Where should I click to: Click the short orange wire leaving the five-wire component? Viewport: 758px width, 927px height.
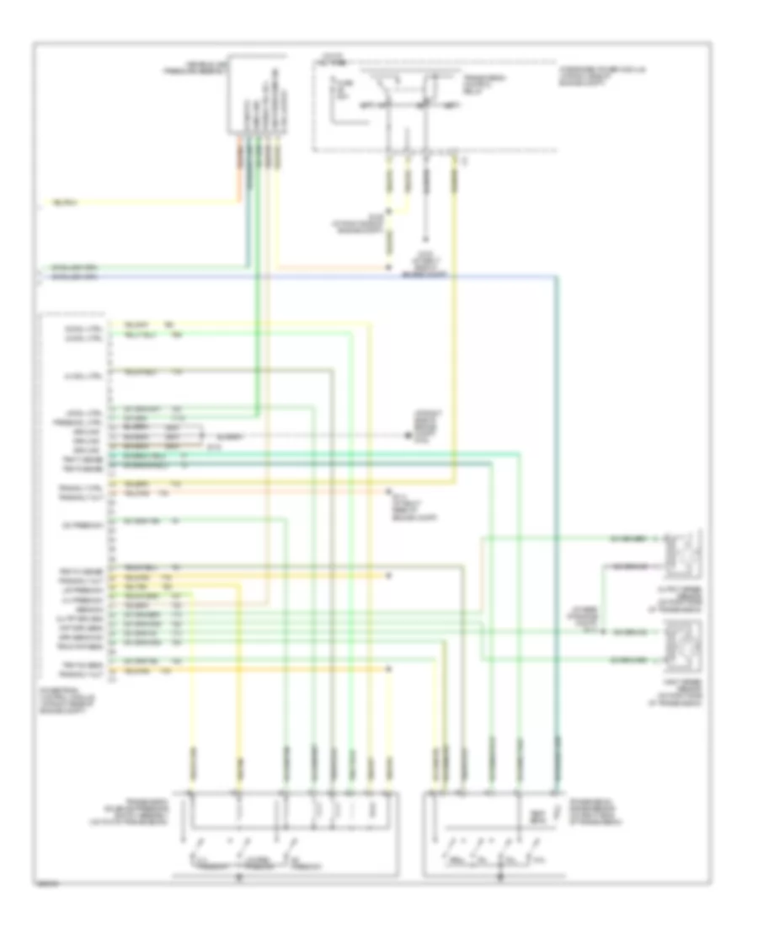pos(239,173)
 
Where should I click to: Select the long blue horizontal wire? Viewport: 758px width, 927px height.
pos(295,276)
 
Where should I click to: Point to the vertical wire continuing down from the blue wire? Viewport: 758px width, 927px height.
pos(557,506)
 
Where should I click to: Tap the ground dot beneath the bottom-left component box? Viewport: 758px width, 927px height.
pos(238,876)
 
